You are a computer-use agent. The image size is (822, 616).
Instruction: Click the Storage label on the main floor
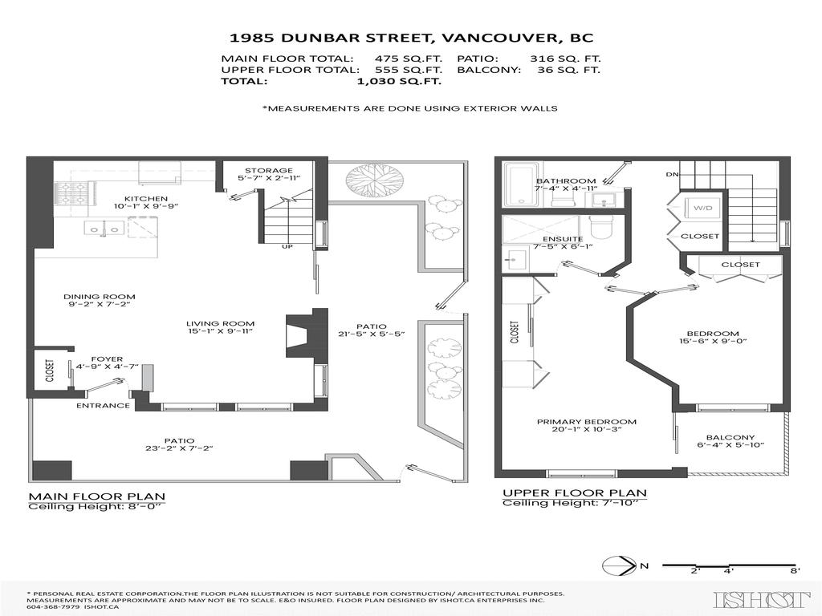coord(269,170)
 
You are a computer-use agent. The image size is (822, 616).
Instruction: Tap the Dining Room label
coord(100,297)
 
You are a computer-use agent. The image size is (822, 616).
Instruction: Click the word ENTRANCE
coord(103,405)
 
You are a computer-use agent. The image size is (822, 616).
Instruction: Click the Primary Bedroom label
coord(587,422)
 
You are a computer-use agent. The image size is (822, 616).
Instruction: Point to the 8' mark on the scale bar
coord(793,571)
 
